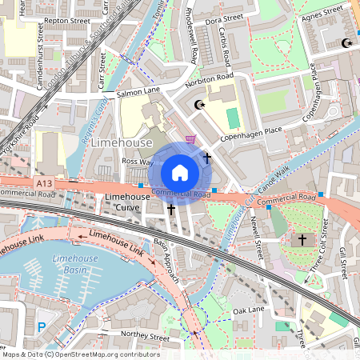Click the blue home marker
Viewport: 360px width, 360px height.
180,173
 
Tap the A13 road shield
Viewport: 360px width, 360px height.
46,183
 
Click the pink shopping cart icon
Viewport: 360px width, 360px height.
190,138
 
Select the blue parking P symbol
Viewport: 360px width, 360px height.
41,326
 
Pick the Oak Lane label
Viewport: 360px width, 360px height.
248,310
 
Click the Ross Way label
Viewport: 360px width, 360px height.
137,161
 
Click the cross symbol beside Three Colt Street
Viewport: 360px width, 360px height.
302,239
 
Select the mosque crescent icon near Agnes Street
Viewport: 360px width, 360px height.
346,42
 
